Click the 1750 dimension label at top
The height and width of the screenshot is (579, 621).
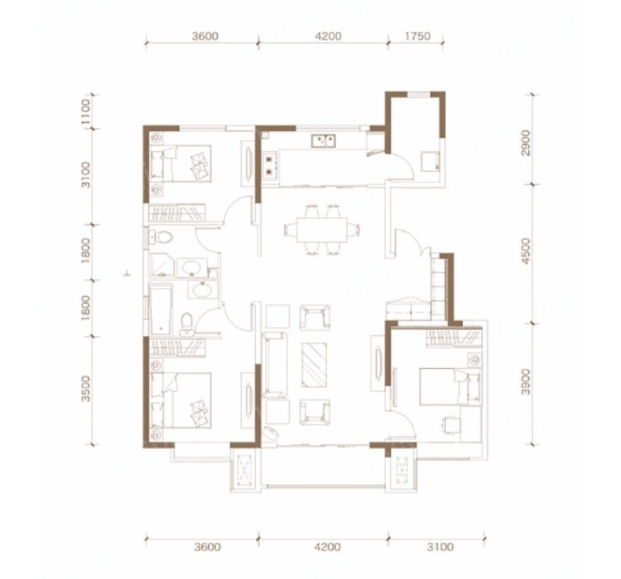tap(417, 36)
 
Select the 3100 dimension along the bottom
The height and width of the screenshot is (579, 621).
tap(440, 547)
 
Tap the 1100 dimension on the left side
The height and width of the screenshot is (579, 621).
tap(85, 111)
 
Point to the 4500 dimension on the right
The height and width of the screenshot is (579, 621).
tap(525, 251)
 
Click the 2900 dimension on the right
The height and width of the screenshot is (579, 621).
tap(525, 143)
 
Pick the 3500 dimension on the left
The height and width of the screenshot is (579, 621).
tap(85, 388)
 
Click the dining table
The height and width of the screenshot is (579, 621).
tap(322, 230)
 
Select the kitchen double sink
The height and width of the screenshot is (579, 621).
tap(323, 141)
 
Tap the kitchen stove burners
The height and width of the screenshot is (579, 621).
tap(270, 166)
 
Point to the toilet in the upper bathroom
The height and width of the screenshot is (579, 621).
tap(161, 238)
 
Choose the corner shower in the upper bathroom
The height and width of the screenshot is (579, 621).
tap(162, 264)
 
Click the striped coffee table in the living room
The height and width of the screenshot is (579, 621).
tap(314, 364)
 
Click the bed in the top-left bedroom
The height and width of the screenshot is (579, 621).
tap(181, 164)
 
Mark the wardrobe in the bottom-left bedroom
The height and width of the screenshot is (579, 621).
tap(177, 347)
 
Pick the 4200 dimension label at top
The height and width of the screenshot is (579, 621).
tap(328, 36)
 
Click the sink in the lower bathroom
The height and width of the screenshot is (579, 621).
tap(203, 289)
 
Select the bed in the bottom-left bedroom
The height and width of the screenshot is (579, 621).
tap(181, 400)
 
